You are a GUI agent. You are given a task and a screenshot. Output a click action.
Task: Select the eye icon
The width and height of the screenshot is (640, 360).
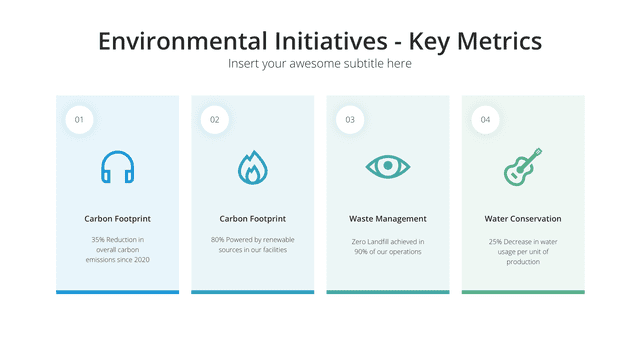(388, 166)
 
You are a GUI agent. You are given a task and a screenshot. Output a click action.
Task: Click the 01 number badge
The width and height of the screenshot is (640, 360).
(79, 120)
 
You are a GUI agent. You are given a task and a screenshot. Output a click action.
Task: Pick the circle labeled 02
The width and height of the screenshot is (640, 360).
(215, 120)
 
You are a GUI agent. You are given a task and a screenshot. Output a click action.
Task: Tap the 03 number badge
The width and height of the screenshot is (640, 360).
(350, 120)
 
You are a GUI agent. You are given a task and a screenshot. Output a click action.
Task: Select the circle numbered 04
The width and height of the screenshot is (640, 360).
(485, 120)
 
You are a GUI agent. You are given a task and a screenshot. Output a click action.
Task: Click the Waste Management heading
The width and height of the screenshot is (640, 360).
(388, 219)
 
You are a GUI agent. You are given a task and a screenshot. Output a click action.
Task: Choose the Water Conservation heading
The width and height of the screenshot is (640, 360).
(523, 219)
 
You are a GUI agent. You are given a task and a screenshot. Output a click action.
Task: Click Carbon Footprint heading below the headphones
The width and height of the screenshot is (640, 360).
(118, 219)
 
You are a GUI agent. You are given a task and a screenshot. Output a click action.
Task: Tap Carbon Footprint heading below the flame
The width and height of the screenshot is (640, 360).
(253, 219)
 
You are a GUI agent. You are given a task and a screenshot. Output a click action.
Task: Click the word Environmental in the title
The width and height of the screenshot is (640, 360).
(183, 41)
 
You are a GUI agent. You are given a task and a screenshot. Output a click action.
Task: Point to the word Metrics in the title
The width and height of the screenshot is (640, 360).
(499, 41)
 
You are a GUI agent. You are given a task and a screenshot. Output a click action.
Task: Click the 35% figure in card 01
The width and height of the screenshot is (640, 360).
(98, 240)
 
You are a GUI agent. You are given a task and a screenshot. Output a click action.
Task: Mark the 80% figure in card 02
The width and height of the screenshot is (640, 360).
(217, 240)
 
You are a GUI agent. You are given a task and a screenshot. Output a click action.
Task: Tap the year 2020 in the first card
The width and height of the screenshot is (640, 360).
(142, 260)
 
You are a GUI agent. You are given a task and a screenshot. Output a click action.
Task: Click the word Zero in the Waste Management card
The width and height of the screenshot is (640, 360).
(358, 242)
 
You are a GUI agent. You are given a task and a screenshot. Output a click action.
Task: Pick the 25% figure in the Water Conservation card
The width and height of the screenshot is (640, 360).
(495, 242)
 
